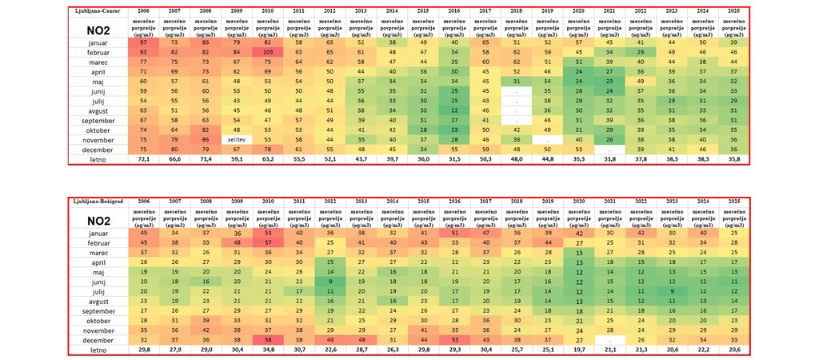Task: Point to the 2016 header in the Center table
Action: [x=453, y=10]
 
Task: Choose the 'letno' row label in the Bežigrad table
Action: [x=98, y=350]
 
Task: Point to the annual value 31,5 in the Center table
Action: [x=453, y=160]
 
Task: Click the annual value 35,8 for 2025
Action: [x=734, y=160]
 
